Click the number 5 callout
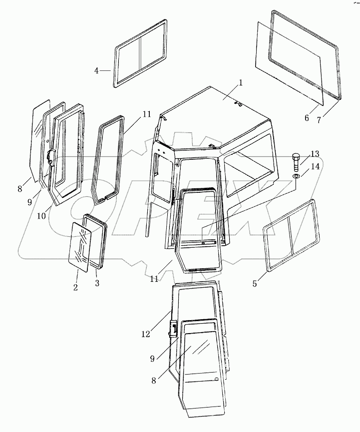coord(255,284)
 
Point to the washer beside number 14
coord(295,176)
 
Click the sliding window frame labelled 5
coord(289,235)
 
